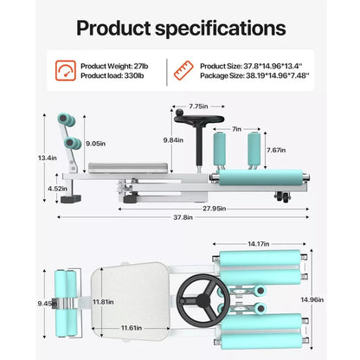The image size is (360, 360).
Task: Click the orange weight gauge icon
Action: click(66, 70)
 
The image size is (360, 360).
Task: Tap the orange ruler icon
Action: click(183, 70)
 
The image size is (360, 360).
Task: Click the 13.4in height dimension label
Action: click(47, 157)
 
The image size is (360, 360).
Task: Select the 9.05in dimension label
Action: click(96, 144)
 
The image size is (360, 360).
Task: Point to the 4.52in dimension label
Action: click(57, 189)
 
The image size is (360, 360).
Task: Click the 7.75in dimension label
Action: click(198, 106)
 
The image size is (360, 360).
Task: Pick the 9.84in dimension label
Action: click(173, 140)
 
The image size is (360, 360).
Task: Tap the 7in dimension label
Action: click(236, 129)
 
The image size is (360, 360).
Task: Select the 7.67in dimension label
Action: click(276, 150)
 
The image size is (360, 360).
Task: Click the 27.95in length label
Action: click(214, 209)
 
